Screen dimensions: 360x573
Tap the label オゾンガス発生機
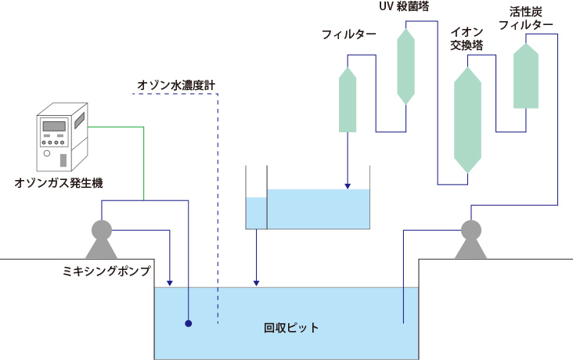[59, 184]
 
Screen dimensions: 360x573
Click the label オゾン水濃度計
[176, 85]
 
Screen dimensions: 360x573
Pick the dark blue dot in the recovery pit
[189, 322]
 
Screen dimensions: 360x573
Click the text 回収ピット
[291, 328]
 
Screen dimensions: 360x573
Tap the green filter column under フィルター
[347, 100]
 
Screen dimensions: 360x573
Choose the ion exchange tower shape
[467, 120]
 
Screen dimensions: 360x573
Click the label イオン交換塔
[467, 39]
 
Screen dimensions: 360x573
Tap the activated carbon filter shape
[525, 76]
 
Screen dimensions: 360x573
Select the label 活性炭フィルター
[525, 19]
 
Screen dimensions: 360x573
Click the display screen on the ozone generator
[53, 126]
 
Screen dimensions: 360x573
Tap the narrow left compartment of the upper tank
[256, 212]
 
